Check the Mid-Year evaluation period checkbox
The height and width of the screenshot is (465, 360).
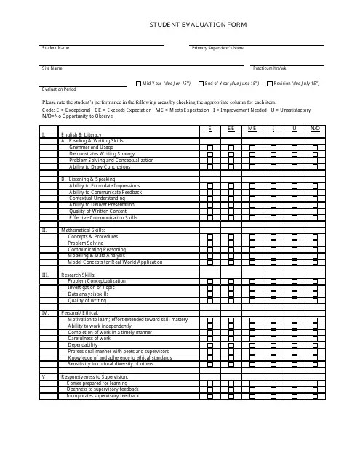tap(137, 84)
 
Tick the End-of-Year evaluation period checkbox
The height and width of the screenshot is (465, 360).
tap(200, 84)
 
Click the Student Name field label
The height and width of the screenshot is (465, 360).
tap(55, 48)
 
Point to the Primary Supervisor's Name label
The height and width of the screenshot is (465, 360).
tap(217, 48)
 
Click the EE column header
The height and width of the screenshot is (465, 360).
tap(231, 129)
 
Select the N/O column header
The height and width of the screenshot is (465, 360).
tap(315, 129)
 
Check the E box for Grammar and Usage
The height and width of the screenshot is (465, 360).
tap(210, 147)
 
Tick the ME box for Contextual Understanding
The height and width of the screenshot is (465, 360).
tap(252, 198)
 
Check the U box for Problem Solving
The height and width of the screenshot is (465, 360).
tap(294, 243)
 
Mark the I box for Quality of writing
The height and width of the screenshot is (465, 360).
tap(273, 300)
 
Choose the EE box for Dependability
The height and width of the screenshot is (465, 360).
tap(231, 344)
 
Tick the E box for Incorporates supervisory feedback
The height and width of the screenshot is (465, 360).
tap(210, 396)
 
